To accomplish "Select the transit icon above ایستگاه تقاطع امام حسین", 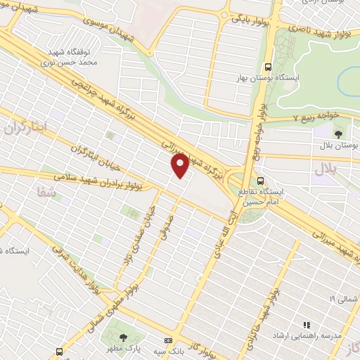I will pyautogui.click(x=261, y=180).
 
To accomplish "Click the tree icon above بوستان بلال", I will pyautogui.click(x=339, y=132).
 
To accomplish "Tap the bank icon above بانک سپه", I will pyautogui.click(x=167, y=340).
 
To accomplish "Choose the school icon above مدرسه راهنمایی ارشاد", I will pyautogui.click(x=307, y=325).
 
